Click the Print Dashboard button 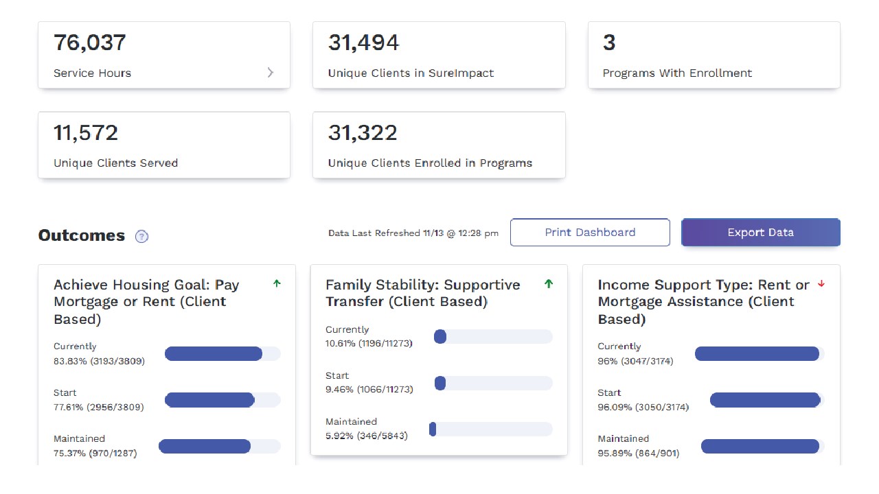(590, 233)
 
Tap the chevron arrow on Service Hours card (271, 73)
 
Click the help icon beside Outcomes (142, 237)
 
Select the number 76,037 (90, 43)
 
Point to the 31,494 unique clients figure (363, 43)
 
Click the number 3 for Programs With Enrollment (609, 43)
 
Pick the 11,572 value (86, 132)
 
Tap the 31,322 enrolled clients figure (363, 132)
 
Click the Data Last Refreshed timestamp (413, 233)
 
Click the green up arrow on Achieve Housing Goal (277, 283)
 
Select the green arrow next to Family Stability (549, 283)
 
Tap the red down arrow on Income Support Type (821, 284)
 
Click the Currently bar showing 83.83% (222, 354)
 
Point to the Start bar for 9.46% (493, 384)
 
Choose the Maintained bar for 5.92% (490, 430)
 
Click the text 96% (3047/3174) (635, 361)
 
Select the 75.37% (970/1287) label (95, 453)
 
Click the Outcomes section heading (82, 235)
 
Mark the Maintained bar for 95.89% (762, 447)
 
